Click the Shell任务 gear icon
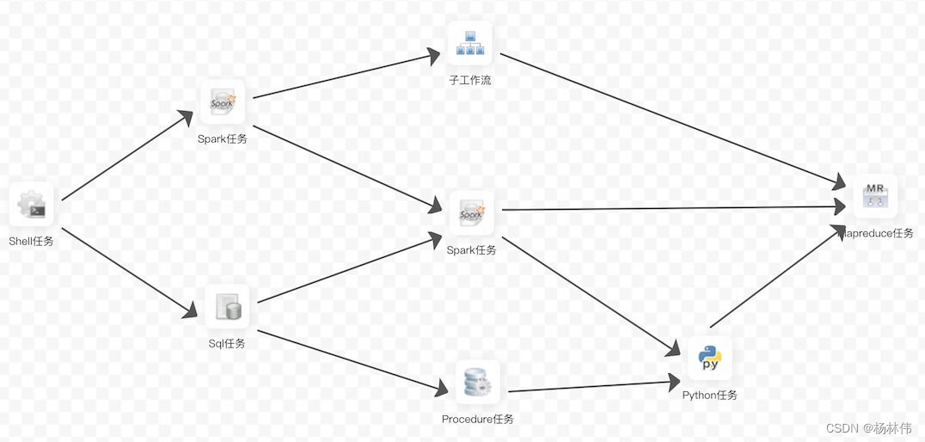click(x=32, y=205)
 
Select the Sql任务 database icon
click(x=227, y=307)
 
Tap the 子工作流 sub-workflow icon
click(x=469, y=43)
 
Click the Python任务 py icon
click(x=709, y=358)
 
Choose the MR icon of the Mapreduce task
click(x=875, y=196)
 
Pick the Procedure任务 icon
click(x=477, y=383)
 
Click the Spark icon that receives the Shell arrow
click(x=223, y=102)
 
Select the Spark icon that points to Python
click(x=472, y=212)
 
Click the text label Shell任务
click(x=32, y=242)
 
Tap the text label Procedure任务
click(x=478, y=420)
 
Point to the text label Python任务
click(x=710, y=396)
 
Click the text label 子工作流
click(x=470, y=81)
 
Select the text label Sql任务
click(x=227, y=344)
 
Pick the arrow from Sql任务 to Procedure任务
click(x=352, y=362)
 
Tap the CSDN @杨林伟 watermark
click(x=868, y=428)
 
